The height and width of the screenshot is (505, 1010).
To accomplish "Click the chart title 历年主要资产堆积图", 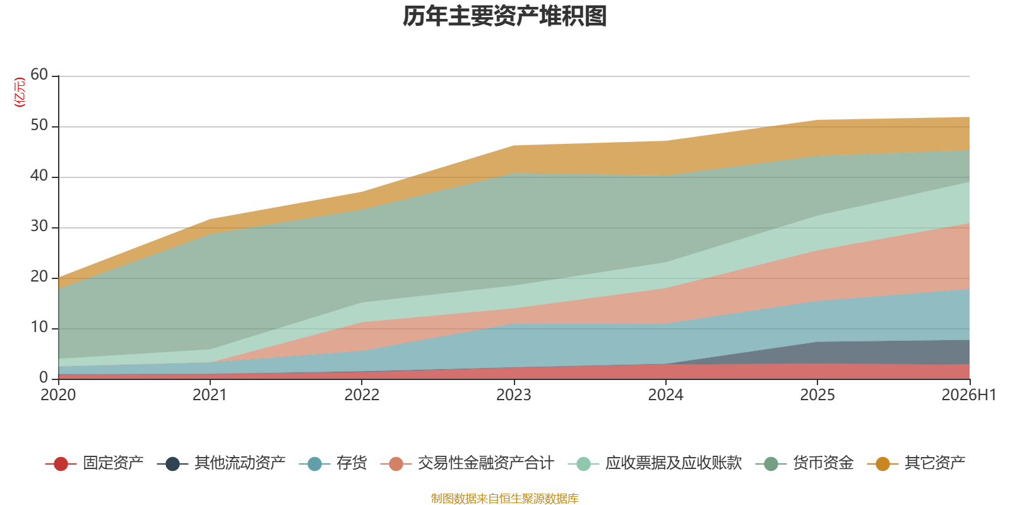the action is pos(504,16).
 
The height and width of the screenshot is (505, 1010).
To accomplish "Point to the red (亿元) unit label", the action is pos(20,92).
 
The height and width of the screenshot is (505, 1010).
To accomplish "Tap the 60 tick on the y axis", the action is pos(39,75).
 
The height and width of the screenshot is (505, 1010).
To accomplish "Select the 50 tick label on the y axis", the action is pos(39,126).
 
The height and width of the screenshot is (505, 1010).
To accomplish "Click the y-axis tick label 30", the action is pos(39,227).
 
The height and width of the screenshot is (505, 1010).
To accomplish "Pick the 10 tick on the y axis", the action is pos(39,328).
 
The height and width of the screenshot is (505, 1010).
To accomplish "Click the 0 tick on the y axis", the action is pos(44,377).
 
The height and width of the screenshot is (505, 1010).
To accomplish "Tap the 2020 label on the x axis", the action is pos(58,395).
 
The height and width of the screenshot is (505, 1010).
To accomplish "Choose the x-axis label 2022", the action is pos(362,395).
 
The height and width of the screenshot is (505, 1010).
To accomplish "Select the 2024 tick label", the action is pos(665,395).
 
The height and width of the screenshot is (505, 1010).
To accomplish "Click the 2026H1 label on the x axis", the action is pos(969,395).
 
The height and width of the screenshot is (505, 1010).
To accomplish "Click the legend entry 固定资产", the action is pos(94,463).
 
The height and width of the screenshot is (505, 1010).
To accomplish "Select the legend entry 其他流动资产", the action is pos(222,463).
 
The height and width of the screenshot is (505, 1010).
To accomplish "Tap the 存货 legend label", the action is pos(333,463).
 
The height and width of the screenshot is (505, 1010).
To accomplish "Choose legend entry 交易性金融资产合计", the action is pos(467,463).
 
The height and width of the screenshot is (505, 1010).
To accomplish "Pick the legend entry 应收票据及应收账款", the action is pos(655,463).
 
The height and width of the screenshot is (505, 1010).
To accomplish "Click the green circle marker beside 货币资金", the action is pos(771,463).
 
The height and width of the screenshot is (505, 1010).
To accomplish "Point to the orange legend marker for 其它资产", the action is pos(883,463).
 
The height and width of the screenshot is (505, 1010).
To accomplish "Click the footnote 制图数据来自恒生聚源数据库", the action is pos(504,498).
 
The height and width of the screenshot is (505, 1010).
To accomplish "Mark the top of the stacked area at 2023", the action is pos(514,146).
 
